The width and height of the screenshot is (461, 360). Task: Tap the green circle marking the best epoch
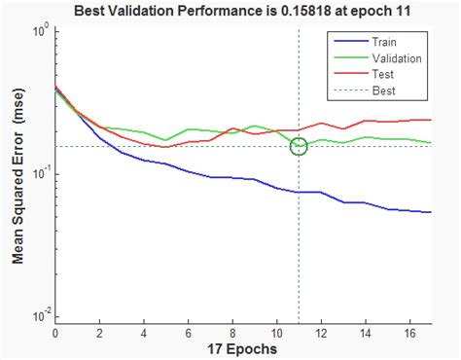pos(299,146)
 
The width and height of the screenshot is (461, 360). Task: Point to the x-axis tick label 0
pos(55,333)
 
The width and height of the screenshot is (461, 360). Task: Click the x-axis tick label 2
pos(99,333)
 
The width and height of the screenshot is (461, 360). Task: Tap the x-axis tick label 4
pos(144,333)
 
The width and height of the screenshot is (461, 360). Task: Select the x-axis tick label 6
pos(189,333)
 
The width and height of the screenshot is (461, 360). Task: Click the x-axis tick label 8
pos(232,333)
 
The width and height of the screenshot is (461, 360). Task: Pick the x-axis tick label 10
pos(277,333)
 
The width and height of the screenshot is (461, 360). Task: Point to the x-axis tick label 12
pos(321,333)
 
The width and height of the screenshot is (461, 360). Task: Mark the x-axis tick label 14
pos(366,333)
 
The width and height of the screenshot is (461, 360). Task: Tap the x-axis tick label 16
pos(409,333)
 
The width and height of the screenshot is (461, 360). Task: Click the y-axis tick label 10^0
pos(38,31)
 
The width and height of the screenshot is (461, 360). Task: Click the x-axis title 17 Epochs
pos(243,348)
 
